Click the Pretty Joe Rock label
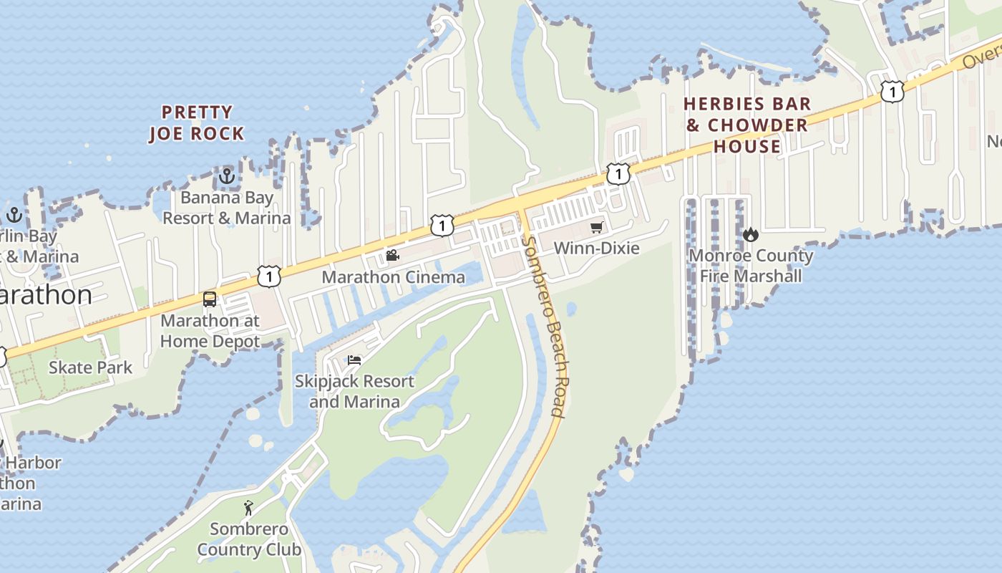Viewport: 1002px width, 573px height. coord(197,122)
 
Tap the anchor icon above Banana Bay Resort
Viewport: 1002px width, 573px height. coord(227,175)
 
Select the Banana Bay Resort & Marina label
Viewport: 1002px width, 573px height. coord(227,207)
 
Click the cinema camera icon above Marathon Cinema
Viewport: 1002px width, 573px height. coord(392,255)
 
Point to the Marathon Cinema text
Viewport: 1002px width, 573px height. coord(393,276)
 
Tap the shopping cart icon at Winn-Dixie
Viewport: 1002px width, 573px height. coord(596,228)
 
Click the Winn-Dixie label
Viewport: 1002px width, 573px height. coord(596,248)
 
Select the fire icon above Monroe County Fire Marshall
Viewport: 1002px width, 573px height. coord(750,234)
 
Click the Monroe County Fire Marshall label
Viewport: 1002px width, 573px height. coord(751,266)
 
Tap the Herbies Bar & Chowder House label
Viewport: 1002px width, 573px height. coord(747,125)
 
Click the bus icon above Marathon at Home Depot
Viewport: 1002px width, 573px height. coord(210,299)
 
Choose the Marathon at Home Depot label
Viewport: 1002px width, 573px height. coord(210,331)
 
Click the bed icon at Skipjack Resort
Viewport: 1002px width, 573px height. coord(354,360)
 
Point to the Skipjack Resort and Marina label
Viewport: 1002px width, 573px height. coord(354,391)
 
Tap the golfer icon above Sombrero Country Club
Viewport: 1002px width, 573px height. coord(248,508)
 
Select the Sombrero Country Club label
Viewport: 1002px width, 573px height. coord(248,539)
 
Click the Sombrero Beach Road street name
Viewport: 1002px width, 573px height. coord(545,327)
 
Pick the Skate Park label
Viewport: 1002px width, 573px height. coord(90,367)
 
